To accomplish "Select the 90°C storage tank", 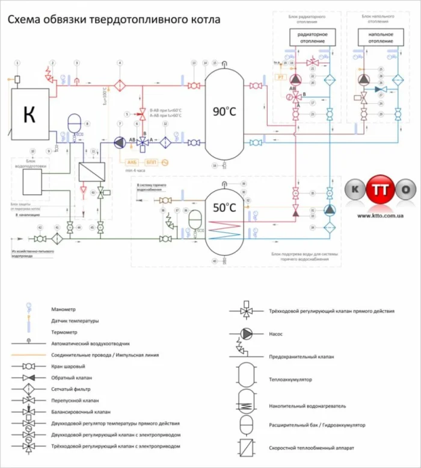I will (x=224, y=112).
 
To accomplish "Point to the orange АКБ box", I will (x=132, y=162).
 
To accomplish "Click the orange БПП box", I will (x=151, y=162).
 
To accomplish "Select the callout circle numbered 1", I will (x=17, y=63).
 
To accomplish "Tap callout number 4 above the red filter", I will (x=120, y=63).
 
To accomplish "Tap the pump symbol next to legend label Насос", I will (x=247, y=333).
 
